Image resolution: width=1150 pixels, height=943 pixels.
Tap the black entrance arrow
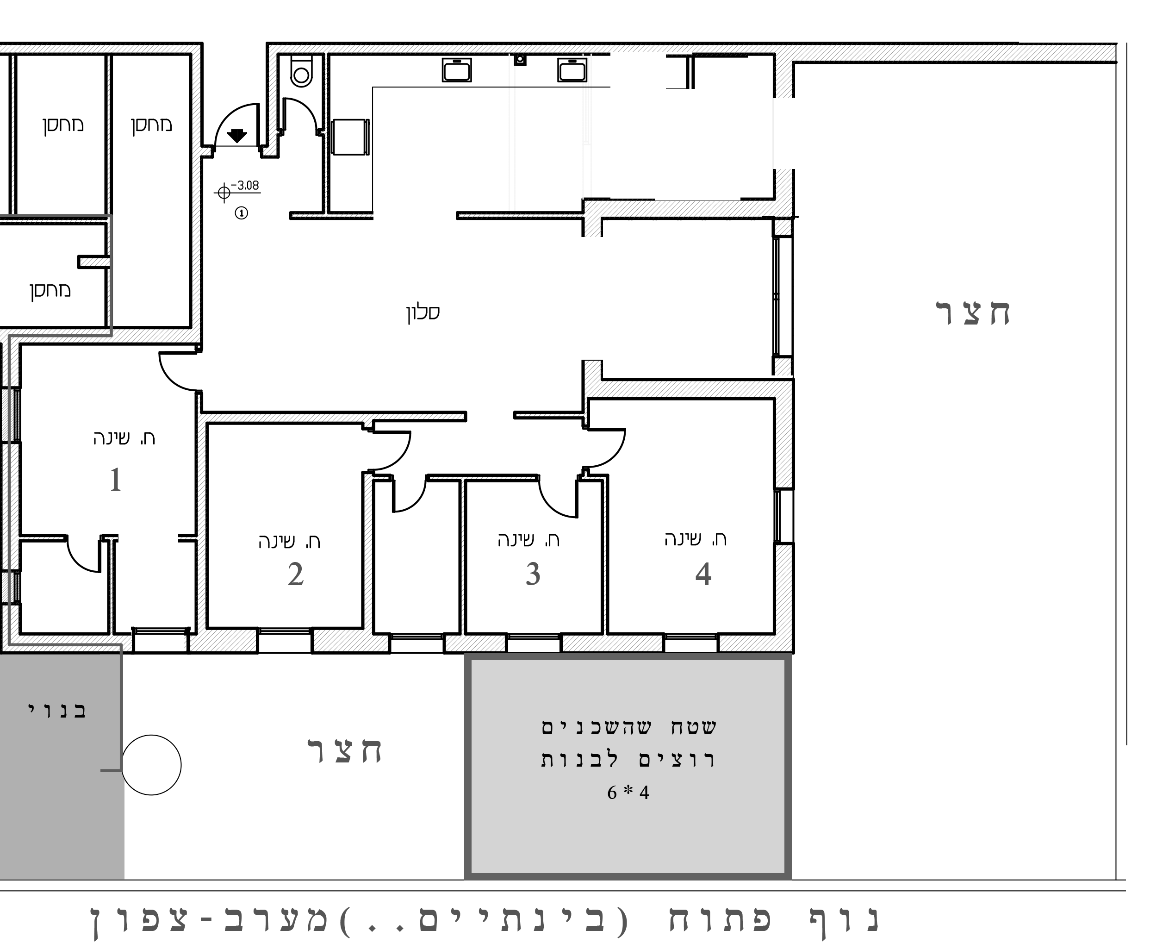click(x=237, y=135)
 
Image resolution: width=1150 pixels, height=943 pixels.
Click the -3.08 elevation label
click(x=245, y=185)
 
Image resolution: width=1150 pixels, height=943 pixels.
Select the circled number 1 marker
click(x=241, y=213)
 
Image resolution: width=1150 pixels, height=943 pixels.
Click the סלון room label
click(x=423, y=312)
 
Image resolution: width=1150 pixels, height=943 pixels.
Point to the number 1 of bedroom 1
click(x=115, y=480)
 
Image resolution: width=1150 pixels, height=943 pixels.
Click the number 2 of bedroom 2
click(x=295, y=574)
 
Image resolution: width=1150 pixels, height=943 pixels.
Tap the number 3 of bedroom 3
click(x=533, y=574)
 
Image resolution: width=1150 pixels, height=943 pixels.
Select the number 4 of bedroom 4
click(x=703, y=574)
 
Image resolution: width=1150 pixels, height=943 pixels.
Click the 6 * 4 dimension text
click(x=628, y=793)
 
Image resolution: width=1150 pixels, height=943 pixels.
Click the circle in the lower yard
click(x=151, y=765)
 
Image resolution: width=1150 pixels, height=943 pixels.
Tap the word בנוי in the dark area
click(x=57, y=711)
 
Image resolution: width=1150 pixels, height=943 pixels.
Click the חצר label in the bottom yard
click(x=345, y=751)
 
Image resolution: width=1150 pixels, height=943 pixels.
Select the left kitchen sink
click(x=456, y=70)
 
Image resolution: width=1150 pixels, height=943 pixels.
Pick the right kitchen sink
click(x=572, y=70)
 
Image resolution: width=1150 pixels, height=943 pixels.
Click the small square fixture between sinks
click(x=520, y=59)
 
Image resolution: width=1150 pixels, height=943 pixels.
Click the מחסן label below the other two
click(x=50, y=290)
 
